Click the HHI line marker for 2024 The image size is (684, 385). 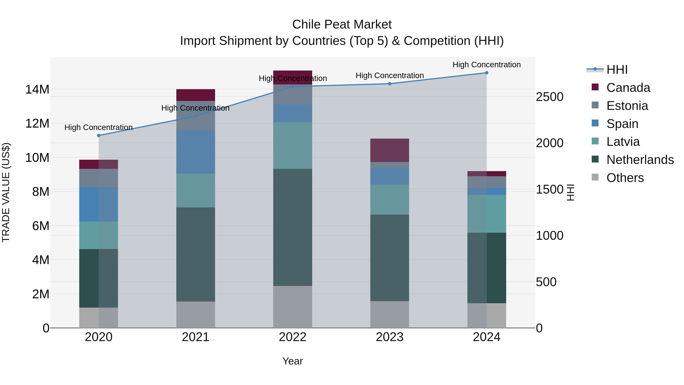(x=486, y=73)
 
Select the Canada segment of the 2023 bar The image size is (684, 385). (x=389, y=150)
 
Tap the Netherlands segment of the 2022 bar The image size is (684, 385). (x=293, y=227)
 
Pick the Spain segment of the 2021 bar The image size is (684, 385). (x=196, y=152)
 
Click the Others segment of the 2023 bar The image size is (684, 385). (x=389, y=315)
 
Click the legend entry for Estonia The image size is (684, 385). (x=627, y=106)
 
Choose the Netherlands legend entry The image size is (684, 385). (x=640, y=160)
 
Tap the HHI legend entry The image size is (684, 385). (x=617, y=70)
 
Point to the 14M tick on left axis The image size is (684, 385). (x=37, y=89)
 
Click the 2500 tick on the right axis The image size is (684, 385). (x=549, y=97)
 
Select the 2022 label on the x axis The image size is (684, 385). (x=293, y=337)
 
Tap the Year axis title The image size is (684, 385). (x=293, y=361)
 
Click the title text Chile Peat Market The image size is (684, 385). (x=342, y=25)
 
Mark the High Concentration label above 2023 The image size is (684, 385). (x=389, y=75)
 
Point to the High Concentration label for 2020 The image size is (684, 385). (x=98, y=128)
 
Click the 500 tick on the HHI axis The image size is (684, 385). (x=546, y=282)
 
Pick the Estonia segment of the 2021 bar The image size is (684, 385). (x=196, y=116)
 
